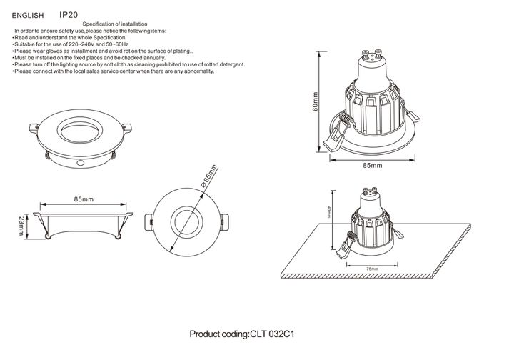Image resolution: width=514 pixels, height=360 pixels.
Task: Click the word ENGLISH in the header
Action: (28, 14)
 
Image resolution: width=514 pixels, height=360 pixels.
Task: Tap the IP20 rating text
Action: (68, 14)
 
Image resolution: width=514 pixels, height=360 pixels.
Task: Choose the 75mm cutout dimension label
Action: (372, 269)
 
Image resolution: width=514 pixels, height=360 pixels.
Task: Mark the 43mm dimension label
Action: (329, 212)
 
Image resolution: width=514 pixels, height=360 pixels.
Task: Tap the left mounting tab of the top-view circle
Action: (151, 221)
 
